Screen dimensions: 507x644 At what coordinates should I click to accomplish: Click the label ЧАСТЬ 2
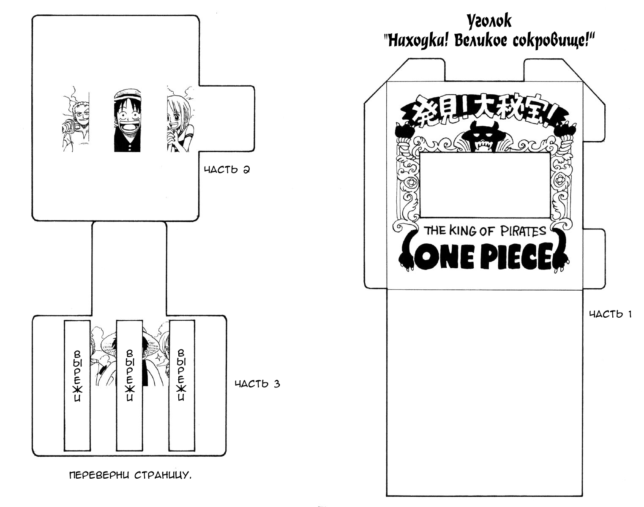(226, 170)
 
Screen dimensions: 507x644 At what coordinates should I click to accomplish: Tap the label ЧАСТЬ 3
(257, 384)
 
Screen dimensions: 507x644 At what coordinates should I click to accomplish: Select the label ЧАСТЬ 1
(610, 314)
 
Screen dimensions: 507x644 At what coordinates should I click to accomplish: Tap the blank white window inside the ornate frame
(485, 185)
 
